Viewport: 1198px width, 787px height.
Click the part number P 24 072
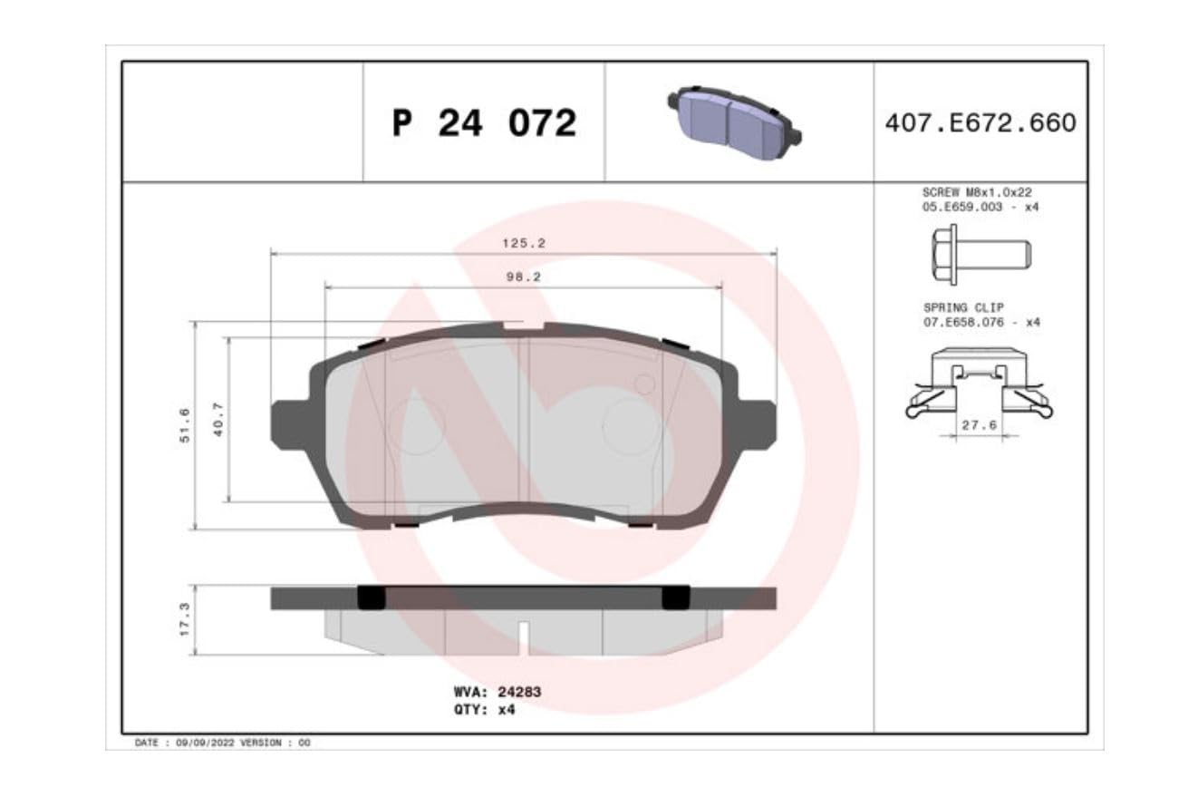[484, 123]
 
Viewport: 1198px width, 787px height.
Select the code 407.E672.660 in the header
[981, 123]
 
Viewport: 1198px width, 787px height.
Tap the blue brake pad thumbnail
[734, 123]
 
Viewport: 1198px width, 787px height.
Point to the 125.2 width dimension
[524, 243]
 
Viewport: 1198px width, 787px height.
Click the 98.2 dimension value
[524, 277]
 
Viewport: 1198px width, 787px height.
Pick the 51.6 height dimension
[184, 425]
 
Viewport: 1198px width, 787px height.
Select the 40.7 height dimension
[218, 420]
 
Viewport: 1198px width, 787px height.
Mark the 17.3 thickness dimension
[184, 619]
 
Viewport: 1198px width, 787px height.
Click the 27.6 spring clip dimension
[980, 425]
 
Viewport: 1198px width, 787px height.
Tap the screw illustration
[981, 255]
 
